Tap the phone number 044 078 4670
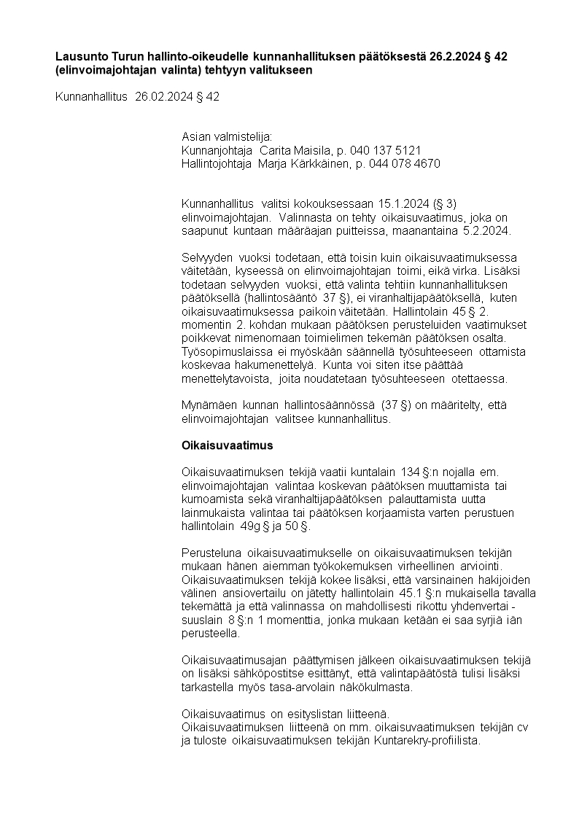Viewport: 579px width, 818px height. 408,164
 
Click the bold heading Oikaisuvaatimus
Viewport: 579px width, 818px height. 227,445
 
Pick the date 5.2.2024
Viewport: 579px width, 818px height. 488,231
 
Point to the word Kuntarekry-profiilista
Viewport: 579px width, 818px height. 426,740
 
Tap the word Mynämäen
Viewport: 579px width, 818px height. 209,405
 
